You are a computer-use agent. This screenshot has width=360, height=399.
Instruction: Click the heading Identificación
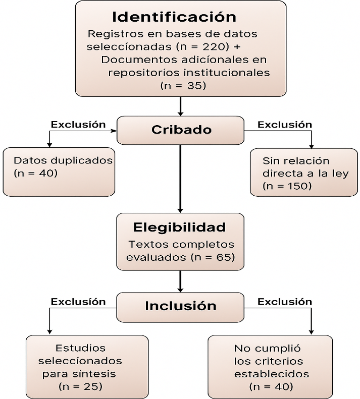click(174, 17)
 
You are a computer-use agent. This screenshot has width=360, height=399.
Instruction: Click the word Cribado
click(181, 130)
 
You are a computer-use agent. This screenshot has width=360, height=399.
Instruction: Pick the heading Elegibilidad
click(179, 226)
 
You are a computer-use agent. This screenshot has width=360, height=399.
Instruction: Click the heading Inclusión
click(180, 306)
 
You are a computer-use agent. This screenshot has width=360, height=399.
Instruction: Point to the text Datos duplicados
click(63, 160)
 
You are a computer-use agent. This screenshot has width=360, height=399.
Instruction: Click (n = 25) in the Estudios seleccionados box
click(80, 387)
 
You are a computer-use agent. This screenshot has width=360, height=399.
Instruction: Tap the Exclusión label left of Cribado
click(78, 124)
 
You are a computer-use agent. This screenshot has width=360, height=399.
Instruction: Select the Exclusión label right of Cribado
click(285, 124)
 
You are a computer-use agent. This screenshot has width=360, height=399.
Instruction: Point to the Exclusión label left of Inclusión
click(78, 302)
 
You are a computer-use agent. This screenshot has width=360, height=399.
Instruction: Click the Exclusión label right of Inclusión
click(285, 302)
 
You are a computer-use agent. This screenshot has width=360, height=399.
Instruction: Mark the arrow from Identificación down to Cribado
click(180, 106)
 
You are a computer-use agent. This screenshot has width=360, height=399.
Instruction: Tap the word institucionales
click(189, 73)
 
